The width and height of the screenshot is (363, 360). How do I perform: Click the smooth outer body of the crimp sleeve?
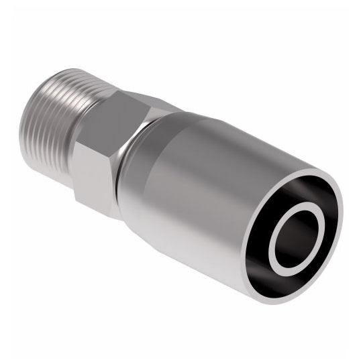click(201, 174)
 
